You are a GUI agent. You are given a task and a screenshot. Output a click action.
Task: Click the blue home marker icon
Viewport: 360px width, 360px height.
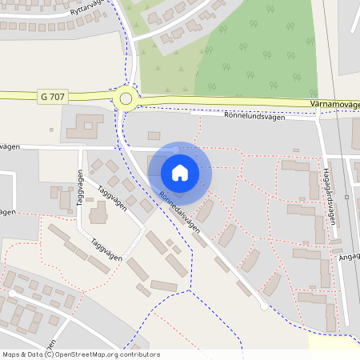click(180, 173)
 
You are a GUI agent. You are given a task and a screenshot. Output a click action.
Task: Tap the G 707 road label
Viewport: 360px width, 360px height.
click(51, 97)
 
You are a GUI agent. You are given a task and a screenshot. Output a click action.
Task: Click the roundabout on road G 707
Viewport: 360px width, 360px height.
click(125, 98)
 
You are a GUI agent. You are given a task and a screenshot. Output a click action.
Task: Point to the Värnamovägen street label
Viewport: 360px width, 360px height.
click(333, 104)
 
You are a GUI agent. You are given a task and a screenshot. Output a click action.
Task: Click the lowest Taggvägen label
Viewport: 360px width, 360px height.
click(106, 250)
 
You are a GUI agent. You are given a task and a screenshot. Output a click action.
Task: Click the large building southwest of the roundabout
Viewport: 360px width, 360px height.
click(85, 126)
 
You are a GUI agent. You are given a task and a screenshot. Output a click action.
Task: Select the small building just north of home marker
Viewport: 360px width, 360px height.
click(154, 135)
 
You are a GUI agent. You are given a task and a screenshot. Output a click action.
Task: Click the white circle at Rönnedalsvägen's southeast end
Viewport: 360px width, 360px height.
click(264, 306)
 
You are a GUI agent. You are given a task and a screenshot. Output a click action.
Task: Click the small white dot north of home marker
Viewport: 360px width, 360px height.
click(176, 149)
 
